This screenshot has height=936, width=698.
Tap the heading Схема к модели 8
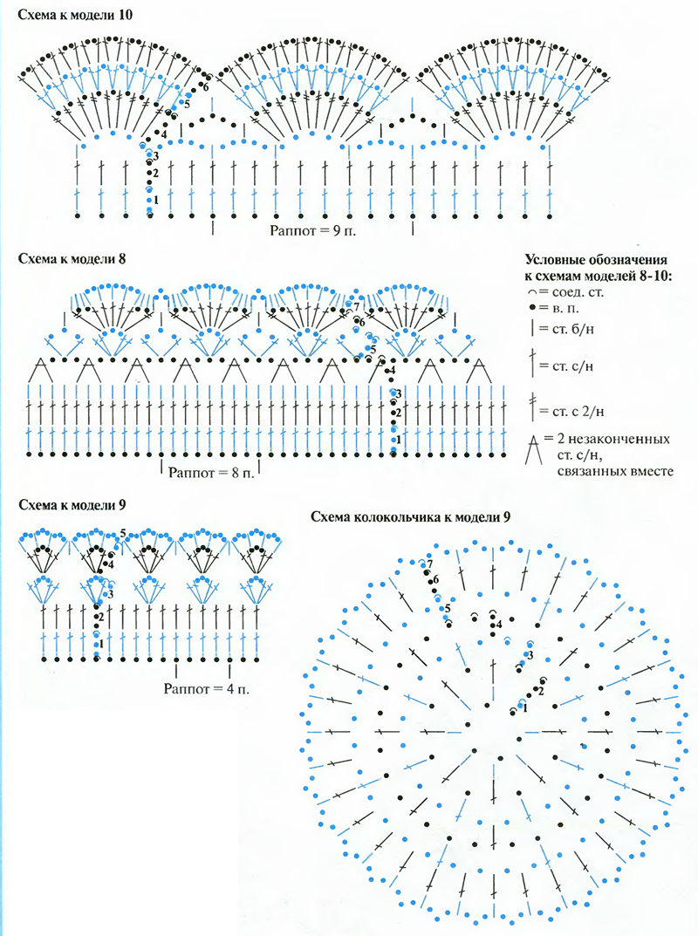pyautogui.click(x=65, y=259)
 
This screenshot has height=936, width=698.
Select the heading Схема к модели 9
pyautogui.click(x=65, y=505)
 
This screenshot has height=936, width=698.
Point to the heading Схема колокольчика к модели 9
pyautogui.click(x=411, y=516)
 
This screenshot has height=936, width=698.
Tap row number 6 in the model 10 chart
pyautogui.click(x=206, y=87)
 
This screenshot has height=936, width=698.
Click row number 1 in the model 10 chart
pyautogui.click(x=155, y=200)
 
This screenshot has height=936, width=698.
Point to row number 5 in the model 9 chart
pyautogui.click(x=123, y=533)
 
